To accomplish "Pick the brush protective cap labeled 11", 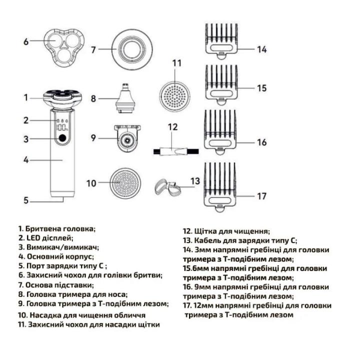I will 176,91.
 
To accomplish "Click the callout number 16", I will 262,142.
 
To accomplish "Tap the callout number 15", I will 262,88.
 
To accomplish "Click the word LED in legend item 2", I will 34,238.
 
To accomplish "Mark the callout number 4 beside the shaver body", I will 25,160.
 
